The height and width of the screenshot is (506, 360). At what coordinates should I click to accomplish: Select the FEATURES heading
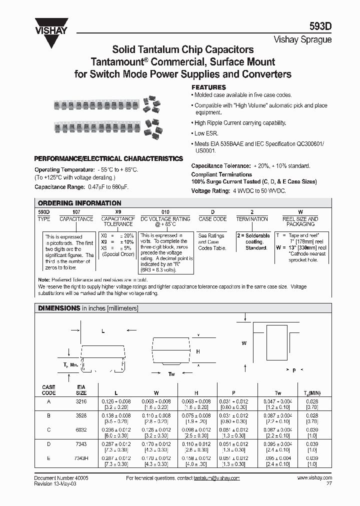pyautogui.click(x=209, y=87)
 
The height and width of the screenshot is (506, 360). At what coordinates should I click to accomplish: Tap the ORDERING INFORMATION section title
pyautogui.click(x=79, y=203)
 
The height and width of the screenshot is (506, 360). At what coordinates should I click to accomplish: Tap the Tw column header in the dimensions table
pyautogui.click(x=278, y=393)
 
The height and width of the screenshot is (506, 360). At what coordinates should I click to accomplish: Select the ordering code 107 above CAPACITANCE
pyautogui.click(x=76, y=212)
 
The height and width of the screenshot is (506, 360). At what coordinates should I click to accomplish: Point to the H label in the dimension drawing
pyautogui.click(x=198, y=351)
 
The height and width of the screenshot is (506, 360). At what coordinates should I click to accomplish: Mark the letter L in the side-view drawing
pyautogui.click(x=102, y=331)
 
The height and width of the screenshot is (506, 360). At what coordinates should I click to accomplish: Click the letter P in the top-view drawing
pyautogui.click(x=294, y=370)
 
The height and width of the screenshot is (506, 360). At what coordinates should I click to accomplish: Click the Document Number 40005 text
pyautogui.click(x=61, y=478)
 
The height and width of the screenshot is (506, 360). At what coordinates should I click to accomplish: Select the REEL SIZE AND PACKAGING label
pyautogui.click(x=300, y=221)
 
